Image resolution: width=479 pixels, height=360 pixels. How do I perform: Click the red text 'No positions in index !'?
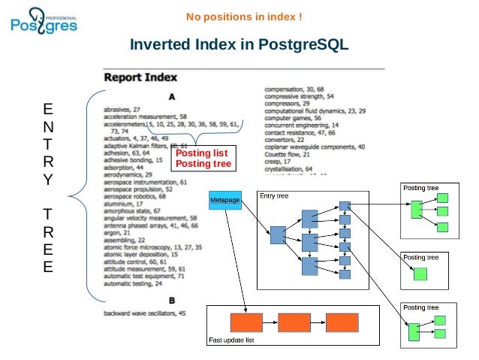point(244,17)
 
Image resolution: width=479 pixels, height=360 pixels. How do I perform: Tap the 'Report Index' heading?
point(140,77)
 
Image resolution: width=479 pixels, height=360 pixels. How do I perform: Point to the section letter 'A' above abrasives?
point(172,96)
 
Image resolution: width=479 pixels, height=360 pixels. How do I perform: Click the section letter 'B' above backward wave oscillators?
point(172,301)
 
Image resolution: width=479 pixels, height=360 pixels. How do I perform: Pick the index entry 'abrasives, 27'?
point(122,110)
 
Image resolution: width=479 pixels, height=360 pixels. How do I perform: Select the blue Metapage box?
point(224,200)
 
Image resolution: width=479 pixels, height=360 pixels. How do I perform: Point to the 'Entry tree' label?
point(273,196)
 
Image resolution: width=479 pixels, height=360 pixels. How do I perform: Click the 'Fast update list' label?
point(232,341)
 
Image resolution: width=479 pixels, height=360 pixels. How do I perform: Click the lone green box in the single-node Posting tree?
point(419,274)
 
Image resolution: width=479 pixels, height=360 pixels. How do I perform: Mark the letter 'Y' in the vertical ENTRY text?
point(48,179)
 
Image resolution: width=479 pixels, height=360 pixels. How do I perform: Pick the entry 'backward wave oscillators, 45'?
point(145,313)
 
